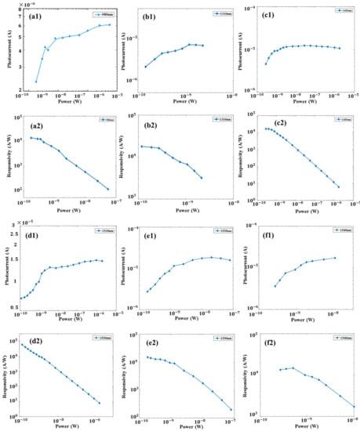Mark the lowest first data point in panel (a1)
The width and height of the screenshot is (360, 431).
36,81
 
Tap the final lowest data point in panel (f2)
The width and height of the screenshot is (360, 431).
354,407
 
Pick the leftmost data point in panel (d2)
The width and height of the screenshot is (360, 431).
24,346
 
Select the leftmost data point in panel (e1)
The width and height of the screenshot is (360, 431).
147,292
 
